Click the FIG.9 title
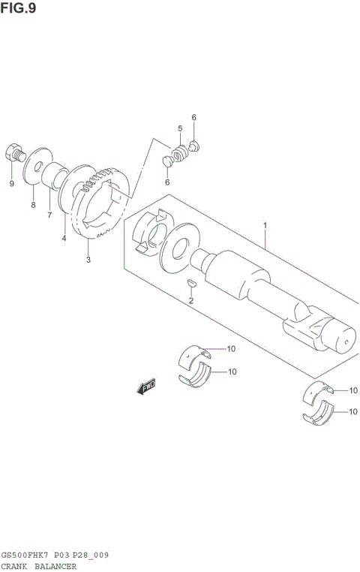coord(18,8)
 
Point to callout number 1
coord(265,224)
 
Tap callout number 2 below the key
coord(190,300)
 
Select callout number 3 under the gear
coord(88,260)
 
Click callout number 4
coord(64,239)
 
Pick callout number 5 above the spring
coord(180,129)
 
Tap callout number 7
coord(49,215)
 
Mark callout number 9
coord(11,184)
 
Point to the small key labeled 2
coord(190,282)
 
